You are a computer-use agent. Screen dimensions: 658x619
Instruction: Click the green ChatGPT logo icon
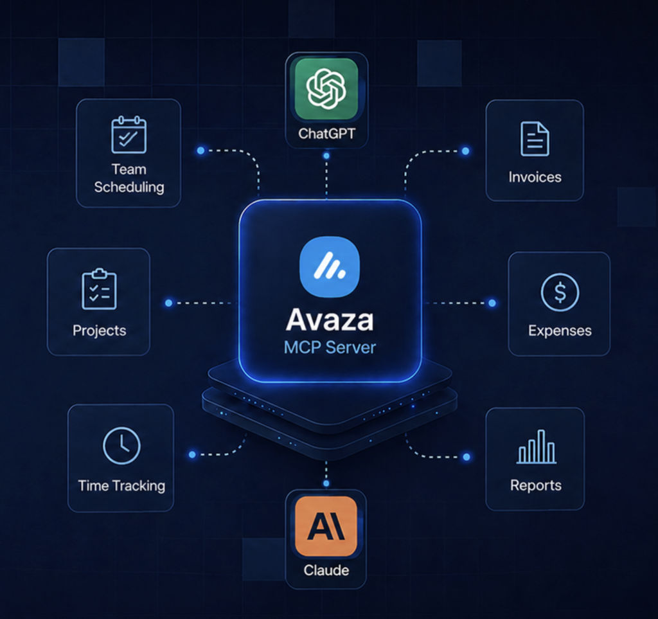pyautogui.click(x=326, y=89)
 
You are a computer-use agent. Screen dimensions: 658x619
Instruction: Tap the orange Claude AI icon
pyautogui.click(x=326, y=526)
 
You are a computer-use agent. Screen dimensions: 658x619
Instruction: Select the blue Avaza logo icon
pyautogui.click(x=330, y=267)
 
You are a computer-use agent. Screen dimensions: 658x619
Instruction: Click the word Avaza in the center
pyautogui.click(x=330, y=320)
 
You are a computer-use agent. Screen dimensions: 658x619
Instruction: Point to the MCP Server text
pyautogui.click(x=330, y=348)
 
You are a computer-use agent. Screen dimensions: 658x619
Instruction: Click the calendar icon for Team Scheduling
pyautogui.click(x=129, y=135)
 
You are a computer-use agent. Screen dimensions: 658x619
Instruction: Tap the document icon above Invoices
pyautogui.click(x=535, y=139)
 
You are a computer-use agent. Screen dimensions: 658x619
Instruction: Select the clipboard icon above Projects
pyautogui.click(x=99, y=289)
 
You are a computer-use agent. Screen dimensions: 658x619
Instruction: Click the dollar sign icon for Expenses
pyautogui.click(x=560, y=292)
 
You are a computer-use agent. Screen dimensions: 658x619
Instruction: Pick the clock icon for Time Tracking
pyautogui.click(x=121, y=445)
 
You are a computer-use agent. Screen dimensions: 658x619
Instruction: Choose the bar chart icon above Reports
pyautogui.click(x=537, y=447)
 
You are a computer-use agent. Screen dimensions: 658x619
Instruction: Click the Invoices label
pyautogui.click(x=535, y=177)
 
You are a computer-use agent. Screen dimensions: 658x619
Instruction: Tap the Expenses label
pyautogui.click(x=560, y=330)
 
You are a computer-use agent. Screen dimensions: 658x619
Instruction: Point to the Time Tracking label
pyautogui.click(x=121, y=486)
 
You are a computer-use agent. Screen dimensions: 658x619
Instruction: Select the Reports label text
pyautogui.click(x=536, y=485)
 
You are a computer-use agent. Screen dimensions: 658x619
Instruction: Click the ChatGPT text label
pyautogui.click(x=326, y=134)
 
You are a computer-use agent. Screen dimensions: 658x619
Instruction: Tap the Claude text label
pyautogui.click(x=326, y=570)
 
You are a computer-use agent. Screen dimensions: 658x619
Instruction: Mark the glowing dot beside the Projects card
pyautogui.click(x=169, y=303)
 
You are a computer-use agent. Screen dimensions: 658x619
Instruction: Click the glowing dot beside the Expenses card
pyautogui.click(x=492, y=303)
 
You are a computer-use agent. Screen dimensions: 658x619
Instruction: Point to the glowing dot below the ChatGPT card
pyautogui.click(x=326, y=156)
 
